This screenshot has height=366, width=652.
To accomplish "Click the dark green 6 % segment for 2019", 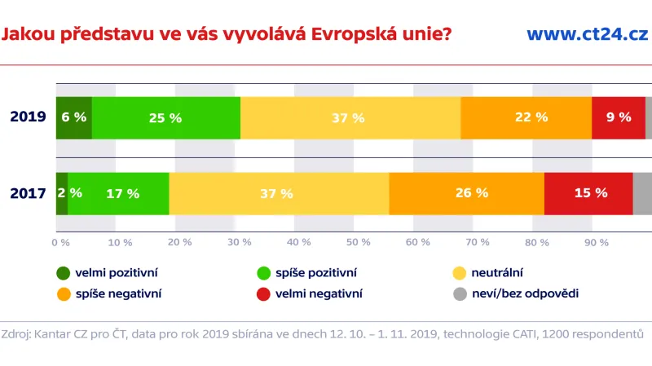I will [73, 117].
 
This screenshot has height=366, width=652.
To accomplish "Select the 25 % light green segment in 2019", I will [165, 117].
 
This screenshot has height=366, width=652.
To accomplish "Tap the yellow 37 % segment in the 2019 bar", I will [350, 117].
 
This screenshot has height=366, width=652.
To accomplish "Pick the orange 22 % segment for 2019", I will [526, 117].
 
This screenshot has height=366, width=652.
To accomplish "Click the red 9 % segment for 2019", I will [619, 117].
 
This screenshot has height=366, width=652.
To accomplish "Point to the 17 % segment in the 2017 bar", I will [118, 193].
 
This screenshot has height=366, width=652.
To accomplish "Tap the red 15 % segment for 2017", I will [588, 193].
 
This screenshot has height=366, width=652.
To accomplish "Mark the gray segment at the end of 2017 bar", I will [642, 193].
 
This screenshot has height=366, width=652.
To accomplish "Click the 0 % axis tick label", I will [60, 242].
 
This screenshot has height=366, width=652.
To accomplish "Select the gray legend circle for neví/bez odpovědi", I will [459, 293].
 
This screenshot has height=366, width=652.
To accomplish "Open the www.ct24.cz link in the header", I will [587, 34].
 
